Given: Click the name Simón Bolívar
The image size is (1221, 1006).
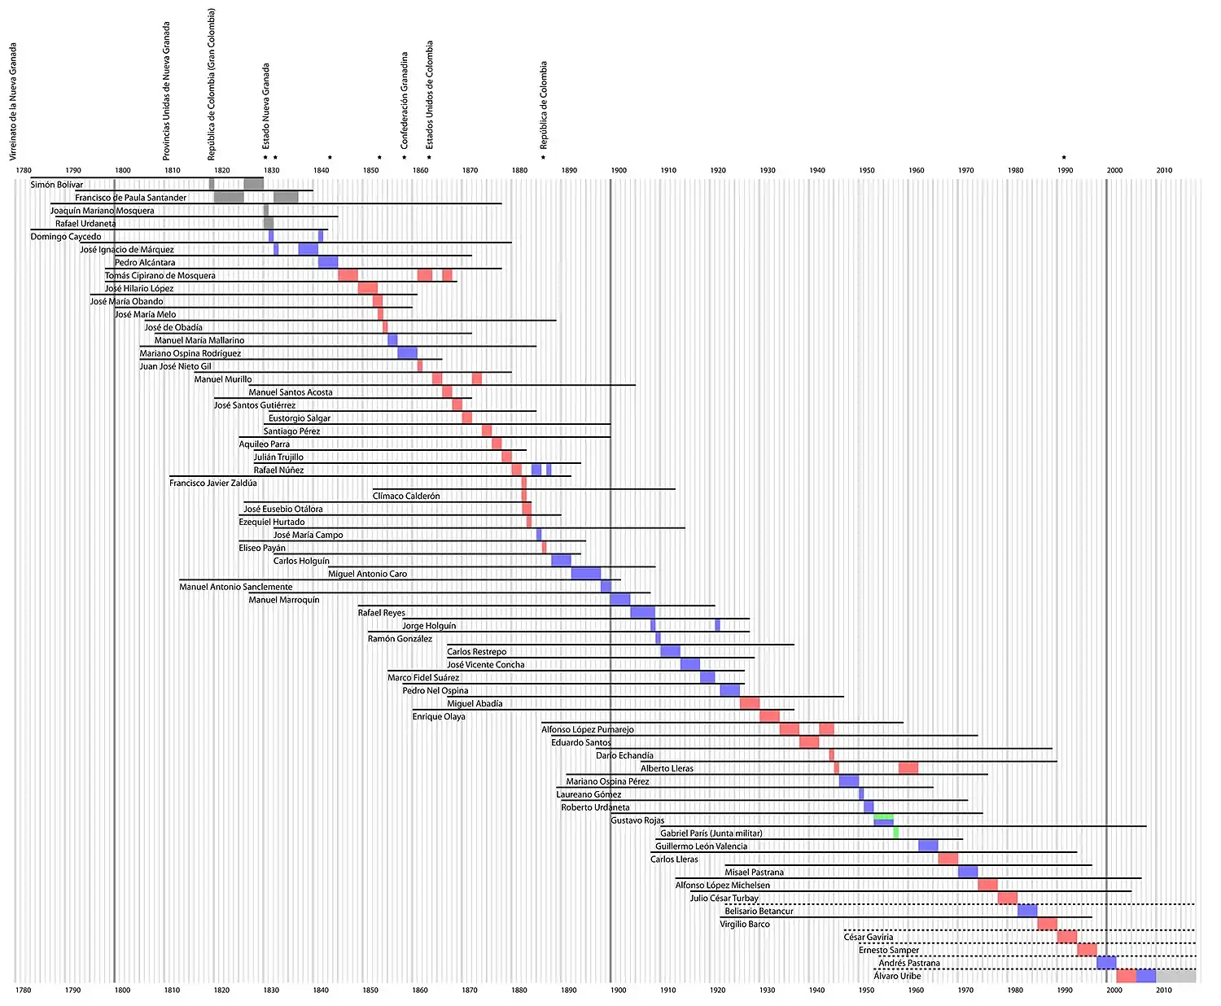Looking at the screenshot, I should (x=57, y=185).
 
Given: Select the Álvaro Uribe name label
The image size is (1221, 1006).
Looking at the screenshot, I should (x=897, y=976).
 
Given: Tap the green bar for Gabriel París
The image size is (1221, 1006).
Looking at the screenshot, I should (x=895, y=833).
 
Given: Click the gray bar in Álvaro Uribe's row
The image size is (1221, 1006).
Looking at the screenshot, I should (x=1175, y=976).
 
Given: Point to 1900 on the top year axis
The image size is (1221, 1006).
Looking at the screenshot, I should (x=619, y=170).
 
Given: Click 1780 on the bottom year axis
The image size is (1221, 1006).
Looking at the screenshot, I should (x=23, y=990).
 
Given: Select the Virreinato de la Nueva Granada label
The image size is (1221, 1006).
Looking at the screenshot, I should (x=13, y=101).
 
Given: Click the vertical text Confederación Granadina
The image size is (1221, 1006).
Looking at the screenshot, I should (x=404, y=99).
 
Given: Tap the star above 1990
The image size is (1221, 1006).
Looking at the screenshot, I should (x=1063, y=158).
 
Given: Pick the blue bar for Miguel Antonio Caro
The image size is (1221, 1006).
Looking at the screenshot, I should (x=585, y=574).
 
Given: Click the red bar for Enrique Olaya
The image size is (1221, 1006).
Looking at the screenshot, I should (x=769, y=716).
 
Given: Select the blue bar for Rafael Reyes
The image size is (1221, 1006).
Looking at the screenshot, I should (x=642, y=612).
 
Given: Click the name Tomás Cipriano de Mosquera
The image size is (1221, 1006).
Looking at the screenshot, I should (x=160, y=276).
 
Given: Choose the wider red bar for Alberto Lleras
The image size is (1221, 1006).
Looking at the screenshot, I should (x=908, y=768).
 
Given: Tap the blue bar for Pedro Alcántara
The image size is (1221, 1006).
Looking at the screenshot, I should (x=328, y=262).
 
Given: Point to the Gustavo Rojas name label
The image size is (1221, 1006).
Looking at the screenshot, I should (x=637, y=820).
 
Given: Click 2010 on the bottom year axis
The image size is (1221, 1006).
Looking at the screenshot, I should (x=1164, y=990).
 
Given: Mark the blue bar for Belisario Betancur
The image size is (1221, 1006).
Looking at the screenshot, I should (x=1027, y=911).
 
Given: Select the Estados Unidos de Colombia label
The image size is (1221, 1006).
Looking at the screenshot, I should (x=430, y=94).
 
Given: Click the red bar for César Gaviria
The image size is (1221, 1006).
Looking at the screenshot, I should (x=1067, y=937).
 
